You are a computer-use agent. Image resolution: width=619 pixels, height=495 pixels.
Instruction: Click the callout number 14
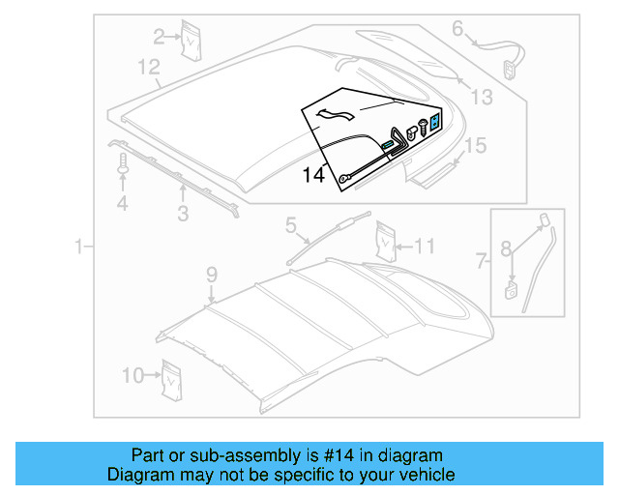point(313,175)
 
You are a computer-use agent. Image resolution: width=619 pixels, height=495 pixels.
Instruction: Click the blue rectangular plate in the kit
point(435,122)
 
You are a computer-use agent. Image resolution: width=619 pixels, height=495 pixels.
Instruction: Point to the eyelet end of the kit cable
point(343,178)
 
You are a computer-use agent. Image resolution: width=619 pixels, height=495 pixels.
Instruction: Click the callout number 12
point(148,68)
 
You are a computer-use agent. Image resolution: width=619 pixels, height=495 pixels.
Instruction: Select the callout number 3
point(183,214)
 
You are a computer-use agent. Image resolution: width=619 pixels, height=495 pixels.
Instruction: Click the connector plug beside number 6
point(509,67)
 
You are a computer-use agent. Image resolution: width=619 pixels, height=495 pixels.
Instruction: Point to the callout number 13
point(481,97)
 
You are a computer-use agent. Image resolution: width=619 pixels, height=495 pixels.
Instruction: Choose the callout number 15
point(475,147)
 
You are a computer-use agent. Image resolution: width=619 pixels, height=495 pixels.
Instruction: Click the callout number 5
point(289,226)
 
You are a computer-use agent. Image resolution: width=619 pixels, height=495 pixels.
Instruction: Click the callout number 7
point(482,261)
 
